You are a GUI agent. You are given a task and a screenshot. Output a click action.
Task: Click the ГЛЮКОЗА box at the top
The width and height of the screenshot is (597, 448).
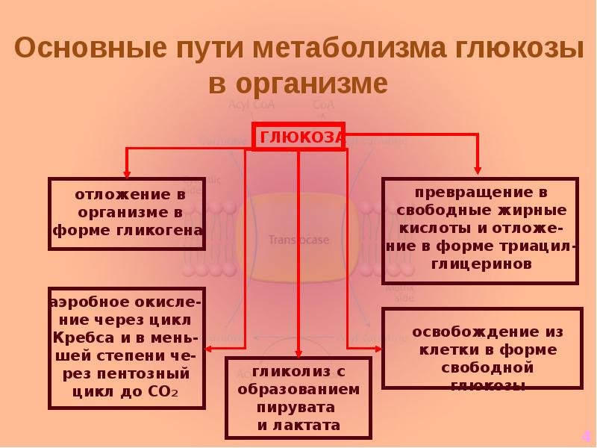point(299,137)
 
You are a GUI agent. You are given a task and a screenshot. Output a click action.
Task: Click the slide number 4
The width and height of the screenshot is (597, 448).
point(586,436)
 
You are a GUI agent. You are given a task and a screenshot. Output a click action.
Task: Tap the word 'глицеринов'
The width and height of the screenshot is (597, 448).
point(480,264)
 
